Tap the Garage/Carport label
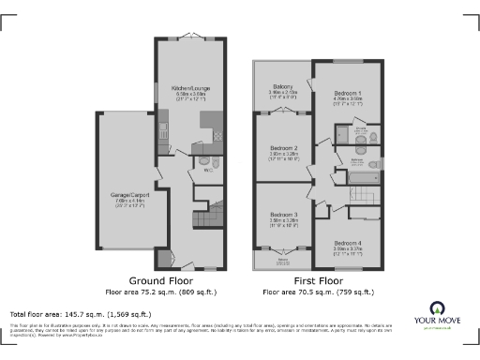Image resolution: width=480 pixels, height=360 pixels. [x=129, y=194]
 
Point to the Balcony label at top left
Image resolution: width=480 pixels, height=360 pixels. [x=282, y=87]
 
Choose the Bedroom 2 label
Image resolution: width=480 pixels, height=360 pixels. [x=283, y=147]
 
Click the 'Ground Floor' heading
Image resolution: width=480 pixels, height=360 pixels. [x=169, y=280]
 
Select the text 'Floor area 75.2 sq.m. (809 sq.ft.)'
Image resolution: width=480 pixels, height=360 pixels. [x=169, y=292]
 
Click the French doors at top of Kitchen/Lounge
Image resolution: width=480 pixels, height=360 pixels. [x=190, y=38]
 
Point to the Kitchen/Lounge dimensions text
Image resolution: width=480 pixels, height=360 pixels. [x=190, y=96]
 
